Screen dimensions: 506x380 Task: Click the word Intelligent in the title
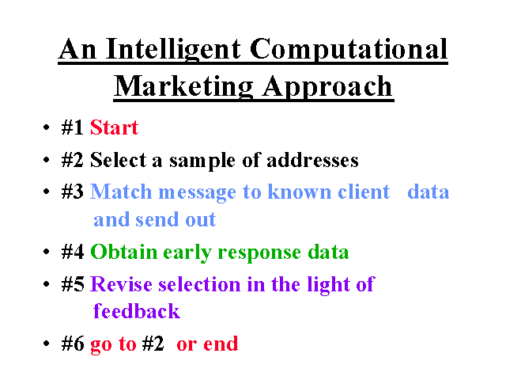click(173, 49)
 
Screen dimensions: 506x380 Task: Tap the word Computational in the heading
click(349, 49)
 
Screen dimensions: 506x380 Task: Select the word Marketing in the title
click(183, 86)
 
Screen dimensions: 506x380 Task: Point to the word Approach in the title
click(327, 86)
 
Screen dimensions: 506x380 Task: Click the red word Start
click(114, 127)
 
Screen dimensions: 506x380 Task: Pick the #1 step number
click(72, 127)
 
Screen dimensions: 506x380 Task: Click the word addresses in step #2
click(312, 160)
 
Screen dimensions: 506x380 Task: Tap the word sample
click(202, 161)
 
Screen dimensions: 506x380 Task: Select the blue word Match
click(121, 192)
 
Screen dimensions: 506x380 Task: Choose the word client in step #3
click(364, 192)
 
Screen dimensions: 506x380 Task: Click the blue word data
click(429, 192)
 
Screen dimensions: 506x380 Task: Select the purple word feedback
click(137, 311)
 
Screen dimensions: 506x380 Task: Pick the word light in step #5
click(328, 285)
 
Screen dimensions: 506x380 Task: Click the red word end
click(221, 344)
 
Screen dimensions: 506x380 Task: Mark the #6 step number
click(72, 344)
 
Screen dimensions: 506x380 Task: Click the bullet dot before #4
click(46, 252)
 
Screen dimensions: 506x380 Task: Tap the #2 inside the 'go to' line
click(153, 344)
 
